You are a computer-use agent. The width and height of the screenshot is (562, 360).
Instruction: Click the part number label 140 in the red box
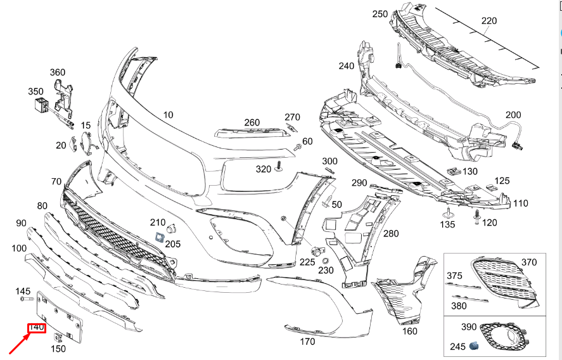[x=36, y=328]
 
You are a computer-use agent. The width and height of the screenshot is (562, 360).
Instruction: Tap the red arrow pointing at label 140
[x=18, y=345]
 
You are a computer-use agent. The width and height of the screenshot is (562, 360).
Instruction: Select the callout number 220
[x=489, y=21]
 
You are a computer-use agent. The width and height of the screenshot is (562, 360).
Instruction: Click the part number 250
[x=380, y=14]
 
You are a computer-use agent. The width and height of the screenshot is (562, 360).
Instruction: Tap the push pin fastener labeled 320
[x=278, y=169]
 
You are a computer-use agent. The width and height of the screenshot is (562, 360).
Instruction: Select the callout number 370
[x=528, y=262]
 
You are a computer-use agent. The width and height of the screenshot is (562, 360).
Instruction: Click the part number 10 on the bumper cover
[x=167, y=115]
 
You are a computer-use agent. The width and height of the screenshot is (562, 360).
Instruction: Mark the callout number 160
[x=410, y=330]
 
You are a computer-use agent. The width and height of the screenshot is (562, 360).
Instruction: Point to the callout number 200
[x=513, y=115]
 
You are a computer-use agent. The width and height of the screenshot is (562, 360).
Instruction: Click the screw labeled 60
[x=297, y=146]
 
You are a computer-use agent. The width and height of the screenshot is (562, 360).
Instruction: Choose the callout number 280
[x=391, y=233]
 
